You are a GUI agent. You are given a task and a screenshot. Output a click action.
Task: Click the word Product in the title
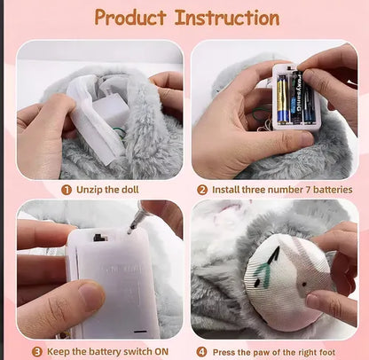coord(130,18)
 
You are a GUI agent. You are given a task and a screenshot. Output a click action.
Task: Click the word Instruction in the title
coord(227,18)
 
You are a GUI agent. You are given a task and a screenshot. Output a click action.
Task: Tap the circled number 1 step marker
coord(67,189)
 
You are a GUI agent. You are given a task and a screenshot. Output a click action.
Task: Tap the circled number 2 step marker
coord(202,189)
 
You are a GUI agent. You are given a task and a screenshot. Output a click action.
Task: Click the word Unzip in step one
coord(89,189)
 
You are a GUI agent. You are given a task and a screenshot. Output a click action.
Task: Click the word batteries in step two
coord(327,189)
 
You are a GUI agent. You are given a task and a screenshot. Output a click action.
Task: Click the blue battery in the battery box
coord(283,98)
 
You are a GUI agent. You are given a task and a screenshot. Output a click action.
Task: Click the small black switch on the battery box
coord(98,237)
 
